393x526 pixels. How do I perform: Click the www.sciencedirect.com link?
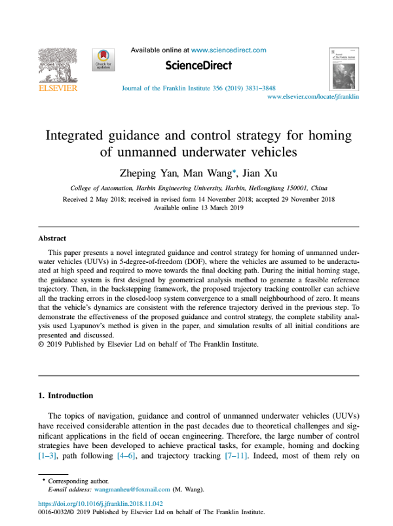tap(228, 50)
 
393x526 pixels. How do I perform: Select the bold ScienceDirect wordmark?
tap(198, 66)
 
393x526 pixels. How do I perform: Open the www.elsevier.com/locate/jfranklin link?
tap(313, 96)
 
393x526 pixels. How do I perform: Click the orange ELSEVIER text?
tap(58, 88)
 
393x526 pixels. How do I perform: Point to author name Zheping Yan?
tap(142, 174)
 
